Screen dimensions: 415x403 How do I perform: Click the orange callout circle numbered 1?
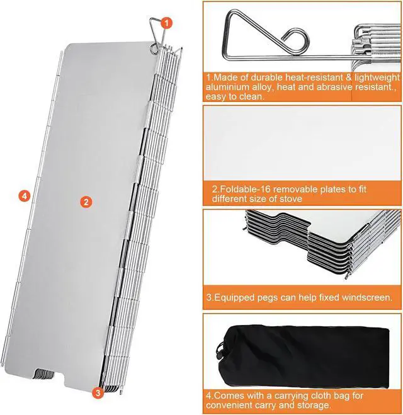pyautogui.click(x=167, y=23)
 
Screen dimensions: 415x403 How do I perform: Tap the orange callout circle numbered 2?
pyautogui.click(x=86, y=202)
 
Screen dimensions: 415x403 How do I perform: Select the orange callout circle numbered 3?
pyautogui.click(x=97, y=394)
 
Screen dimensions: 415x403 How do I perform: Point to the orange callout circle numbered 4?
pyautogui.click(x=23, y=196)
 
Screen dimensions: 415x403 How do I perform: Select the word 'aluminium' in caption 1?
pyautogui.click(x=227, y=87)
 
